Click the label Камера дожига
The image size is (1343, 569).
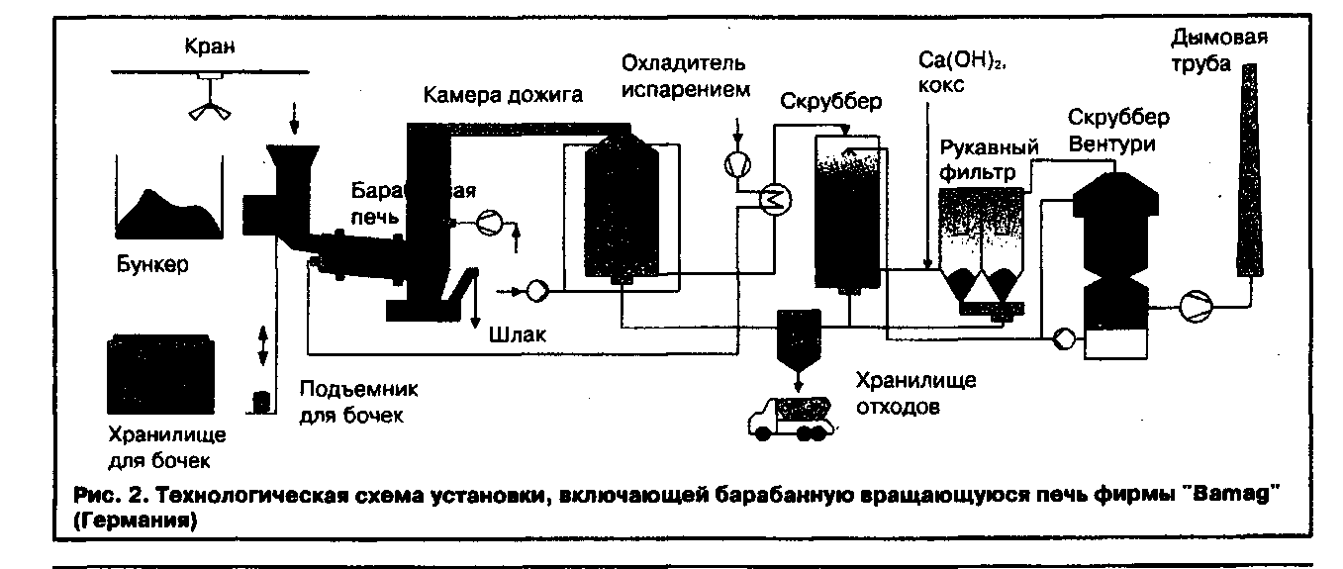[x=504, y=95]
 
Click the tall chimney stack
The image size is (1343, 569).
[x=1249, y=168]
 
